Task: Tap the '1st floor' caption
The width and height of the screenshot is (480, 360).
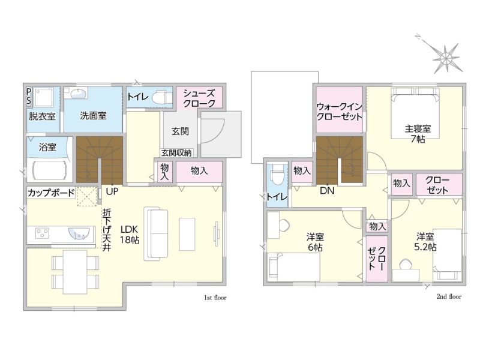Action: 215,298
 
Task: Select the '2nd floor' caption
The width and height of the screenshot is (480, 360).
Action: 449,296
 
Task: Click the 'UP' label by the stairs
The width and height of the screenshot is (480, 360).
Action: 112,191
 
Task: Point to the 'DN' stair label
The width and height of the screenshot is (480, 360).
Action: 327,191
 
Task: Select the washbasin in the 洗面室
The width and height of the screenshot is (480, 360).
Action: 79,94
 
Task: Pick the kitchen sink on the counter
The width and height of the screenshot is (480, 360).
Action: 79,233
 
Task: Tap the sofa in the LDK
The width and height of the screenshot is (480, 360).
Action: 156,234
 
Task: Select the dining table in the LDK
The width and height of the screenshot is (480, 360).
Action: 75,272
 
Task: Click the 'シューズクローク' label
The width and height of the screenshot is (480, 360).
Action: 199,98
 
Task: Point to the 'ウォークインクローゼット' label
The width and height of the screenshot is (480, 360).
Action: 339,112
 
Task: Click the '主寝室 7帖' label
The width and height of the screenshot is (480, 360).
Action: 418,133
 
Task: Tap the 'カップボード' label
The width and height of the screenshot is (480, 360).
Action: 51,193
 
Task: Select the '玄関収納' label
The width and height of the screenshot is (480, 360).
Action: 176,153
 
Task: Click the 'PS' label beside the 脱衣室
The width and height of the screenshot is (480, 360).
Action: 28,96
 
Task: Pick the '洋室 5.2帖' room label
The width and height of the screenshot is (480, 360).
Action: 425,242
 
